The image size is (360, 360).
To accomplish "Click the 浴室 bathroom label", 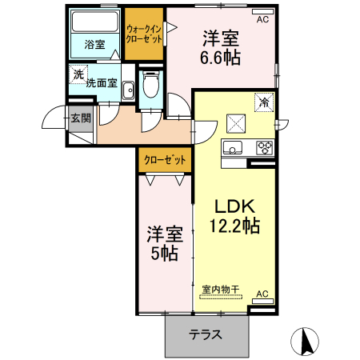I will pos(94,45).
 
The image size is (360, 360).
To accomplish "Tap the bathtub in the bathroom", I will pos(94,24).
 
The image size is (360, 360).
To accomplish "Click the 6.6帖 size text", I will pos(221,58).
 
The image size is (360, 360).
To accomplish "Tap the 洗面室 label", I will pos(102,83).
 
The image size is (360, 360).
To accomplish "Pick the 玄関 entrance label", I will pos(81,119).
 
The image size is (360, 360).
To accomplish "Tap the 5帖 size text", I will pos(165,254).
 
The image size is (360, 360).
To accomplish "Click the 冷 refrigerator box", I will pos(263,102).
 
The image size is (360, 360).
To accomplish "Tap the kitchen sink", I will pos(233,147).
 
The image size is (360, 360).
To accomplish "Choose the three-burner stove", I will pos(264,147).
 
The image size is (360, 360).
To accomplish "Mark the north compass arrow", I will pos(305,342).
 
